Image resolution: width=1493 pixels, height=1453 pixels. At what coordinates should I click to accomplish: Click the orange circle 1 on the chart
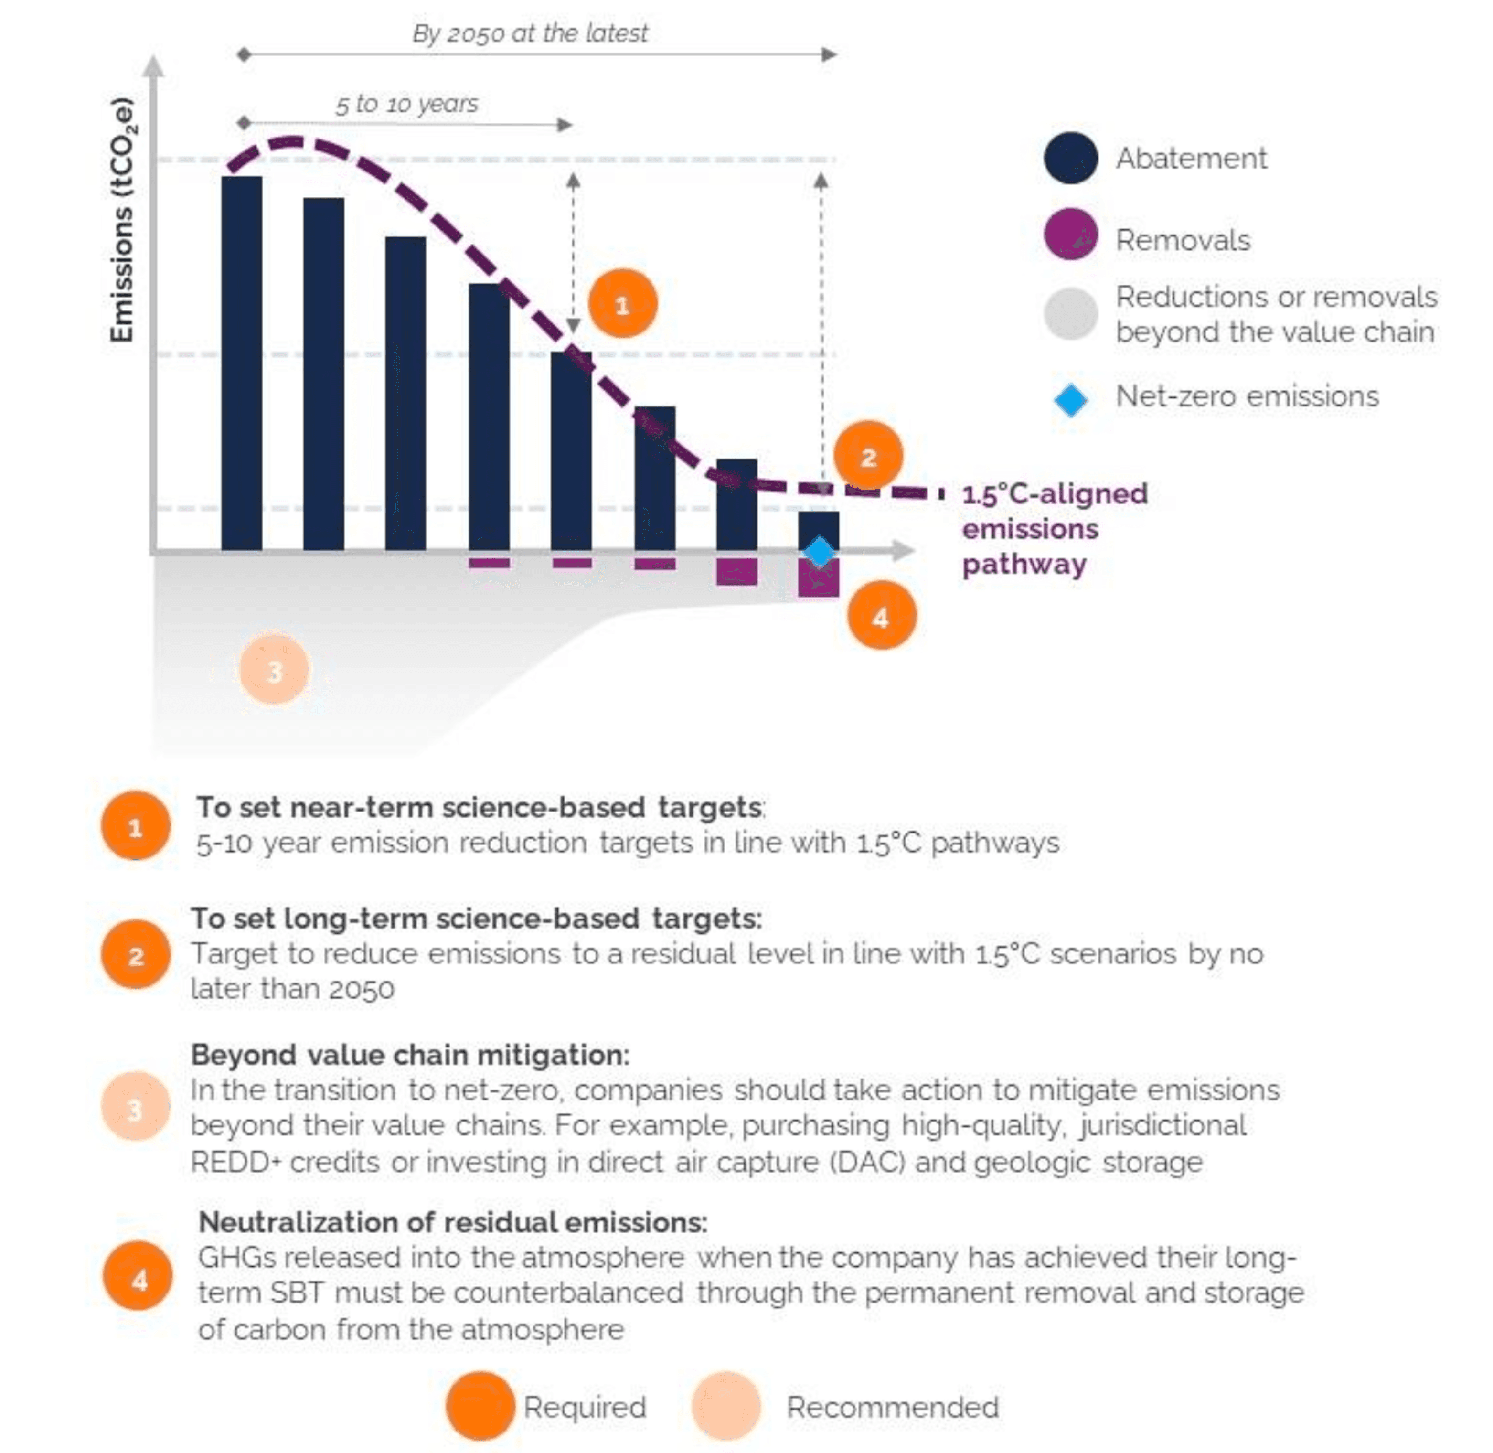click(622, 304)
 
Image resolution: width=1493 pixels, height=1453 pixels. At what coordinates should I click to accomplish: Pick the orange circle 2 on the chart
click(868, 456)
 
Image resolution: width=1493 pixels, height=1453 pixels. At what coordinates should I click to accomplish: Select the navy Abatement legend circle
click(1070, 158)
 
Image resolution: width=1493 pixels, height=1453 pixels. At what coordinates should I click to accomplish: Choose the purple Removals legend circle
click(1070, 234)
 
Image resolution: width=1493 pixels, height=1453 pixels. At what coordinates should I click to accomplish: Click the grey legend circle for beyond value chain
click(1070, 314)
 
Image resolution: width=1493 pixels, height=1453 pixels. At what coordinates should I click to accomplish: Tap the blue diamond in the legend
click(1070, 400)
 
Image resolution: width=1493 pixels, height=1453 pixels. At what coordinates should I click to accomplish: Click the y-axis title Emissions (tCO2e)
click(122, 221)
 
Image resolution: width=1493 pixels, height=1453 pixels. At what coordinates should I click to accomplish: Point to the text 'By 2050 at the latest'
click(530, 33)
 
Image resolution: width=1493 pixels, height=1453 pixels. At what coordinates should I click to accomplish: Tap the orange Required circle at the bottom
click(480, 1407)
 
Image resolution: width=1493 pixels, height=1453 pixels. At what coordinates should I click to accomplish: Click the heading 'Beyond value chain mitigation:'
click(410, 1055)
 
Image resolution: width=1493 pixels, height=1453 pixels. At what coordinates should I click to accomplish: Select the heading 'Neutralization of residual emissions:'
click(452, 1222)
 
